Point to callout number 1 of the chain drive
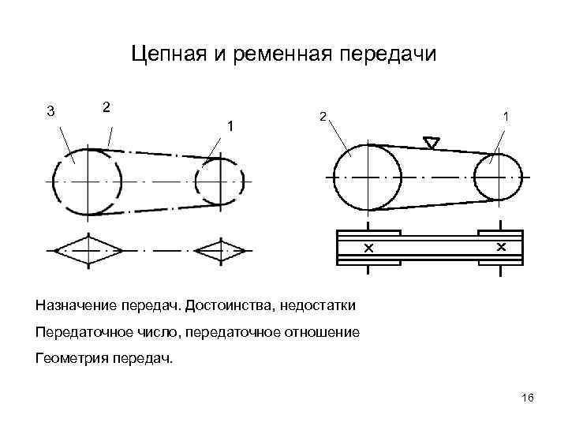(230, 125)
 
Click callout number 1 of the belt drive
(505, 116)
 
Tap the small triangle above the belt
(431, 143)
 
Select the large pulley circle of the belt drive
(367, 177)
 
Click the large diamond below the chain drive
(87, 250)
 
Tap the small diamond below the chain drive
(221, 250)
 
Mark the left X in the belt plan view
(368, 248)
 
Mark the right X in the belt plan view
(500, 248)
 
